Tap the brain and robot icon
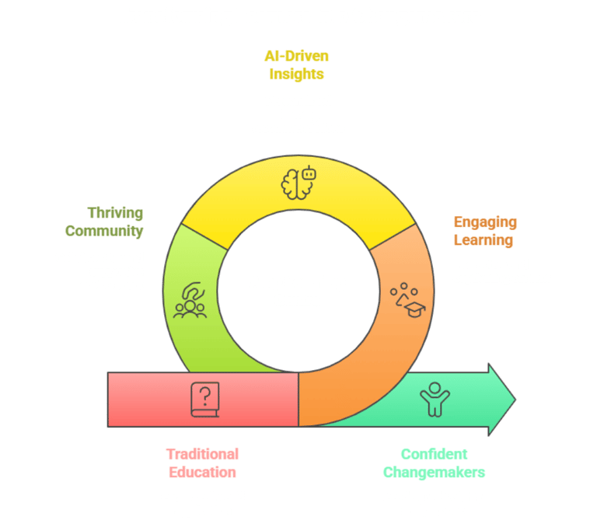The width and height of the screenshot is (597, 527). pyautogui.click(x=298, y=180)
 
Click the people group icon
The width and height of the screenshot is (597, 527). pyautogui.click(x=191, y=300)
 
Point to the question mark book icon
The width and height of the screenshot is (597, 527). pyautogui.click(x=204, y=400)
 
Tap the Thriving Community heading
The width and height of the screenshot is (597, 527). pyautogui.click(x=114, y=222)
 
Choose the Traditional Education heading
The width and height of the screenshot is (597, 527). pyautogui.click(x=201, y=462)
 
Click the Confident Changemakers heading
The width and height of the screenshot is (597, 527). pyautogui.click(x=433, y=462)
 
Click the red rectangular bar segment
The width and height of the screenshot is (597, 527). pyautogui.click(x=155, y=400)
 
